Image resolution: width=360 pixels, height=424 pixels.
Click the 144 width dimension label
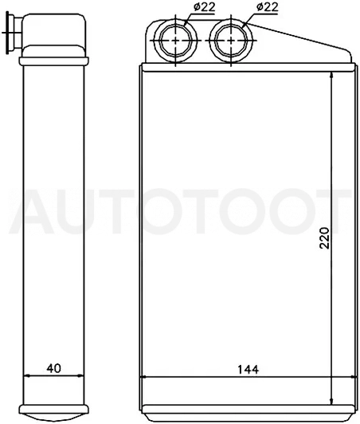click(248, 369)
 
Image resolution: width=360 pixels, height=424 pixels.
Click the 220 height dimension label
click(324, 238)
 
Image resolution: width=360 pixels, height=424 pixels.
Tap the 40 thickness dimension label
click(54, 368)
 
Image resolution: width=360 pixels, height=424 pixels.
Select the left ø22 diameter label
click(205, 7)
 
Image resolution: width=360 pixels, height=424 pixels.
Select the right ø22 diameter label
click(267, 7)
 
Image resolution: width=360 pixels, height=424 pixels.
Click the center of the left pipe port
click(176, 41)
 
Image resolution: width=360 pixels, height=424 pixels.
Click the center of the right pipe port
click(231, 41)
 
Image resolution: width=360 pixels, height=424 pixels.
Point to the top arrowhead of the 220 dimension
click(331, 76)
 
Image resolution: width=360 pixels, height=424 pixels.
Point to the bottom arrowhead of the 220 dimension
click(331, 401)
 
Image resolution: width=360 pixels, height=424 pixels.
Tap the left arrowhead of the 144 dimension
click(146, 376)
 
